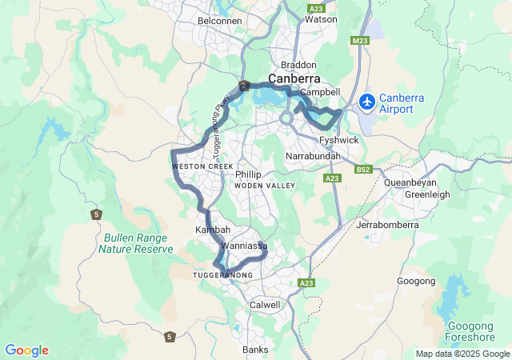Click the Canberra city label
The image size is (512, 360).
coord(294,78)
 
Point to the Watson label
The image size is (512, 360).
coord(322,18)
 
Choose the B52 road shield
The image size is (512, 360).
coord(364,170)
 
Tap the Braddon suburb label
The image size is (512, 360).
coord(298,64)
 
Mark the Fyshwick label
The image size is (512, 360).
coord(338,140)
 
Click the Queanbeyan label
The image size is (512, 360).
coord(410,182)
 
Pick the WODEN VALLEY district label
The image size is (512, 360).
coord(265,186)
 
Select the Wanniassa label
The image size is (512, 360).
coord(244,246)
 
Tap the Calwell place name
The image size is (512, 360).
coord(266,305)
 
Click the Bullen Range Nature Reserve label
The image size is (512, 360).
coord(135,243)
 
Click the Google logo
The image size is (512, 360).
coord(26,350)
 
